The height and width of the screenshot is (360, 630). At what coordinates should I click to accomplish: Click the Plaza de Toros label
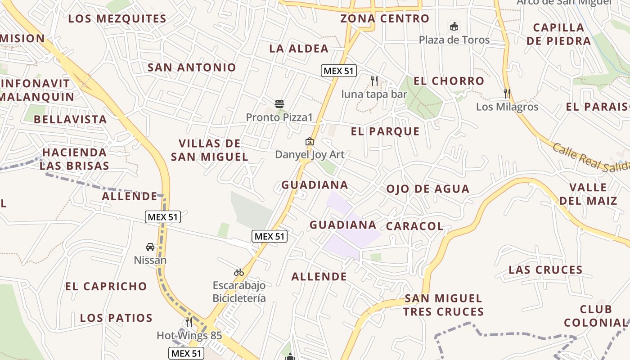454,40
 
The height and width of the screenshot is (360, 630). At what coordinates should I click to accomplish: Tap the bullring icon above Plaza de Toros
454,27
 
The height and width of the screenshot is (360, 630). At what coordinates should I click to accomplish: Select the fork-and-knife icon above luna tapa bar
374,81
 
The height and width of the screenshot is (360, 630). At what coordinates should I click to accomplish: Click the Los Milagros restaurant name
507,107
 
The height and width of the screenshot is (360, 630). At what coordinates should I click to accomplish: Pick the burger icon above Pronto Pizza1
279,104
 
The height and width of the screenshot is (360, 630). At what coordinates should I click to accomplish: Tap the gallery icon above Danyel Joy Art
310,141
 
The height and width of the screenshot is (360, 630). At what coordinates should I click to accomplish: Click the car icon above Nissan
150,247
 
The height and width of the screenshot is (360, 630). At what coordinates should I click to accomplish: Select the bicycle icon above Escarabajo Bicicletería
239,272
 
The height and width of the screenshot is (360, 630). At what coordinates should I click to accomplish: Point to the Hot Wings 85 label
189,336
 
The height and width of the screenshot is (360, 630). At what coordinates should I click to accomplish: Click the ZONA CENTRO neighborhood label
385,19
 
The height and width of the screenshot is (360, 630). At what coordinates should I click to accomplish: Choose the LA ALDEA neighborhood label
299,49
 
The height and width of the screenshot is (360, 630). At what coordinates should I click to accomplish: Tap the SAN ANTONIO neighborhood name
192,67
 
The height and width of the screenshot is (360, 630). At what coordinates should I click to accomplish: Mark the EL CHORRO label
449,81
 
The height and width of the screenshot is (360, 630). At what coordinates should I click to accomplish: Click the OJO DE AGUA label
427,189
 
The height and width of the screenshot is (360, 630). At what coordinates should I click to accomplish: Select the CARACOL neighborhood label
414,226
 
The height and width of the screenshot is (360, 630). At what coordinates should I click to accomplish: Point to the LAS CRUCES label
545,270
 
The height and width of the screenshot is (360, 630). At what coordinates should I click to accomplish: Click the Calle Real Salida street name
589,157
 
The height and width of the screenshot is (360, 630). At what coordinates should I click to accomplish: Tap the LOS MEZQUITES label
117,19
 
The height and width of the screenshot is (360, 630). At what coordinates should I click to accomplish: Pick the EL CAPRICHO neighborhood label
106,287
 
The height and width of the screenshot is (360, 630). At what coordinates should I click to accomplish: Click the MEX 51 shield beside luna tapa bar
339,71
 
